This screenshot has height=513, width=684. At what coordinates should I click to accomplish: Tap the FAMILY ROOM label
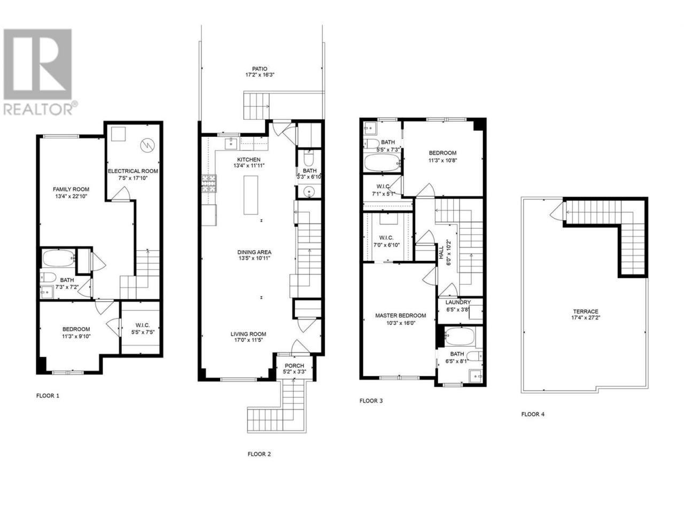point(71,189)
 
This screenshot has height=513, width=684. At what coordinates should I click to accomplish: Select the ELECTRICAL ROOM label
point(133,171)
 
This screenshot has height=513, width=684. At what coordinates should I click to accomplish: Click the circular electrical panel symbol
point(147,145)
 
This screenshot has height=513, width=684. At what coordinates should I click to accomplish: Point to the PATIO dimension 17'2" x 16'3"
point(260,75)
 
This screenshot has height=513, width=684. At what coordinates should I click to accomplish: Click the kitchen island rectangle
point(251,195)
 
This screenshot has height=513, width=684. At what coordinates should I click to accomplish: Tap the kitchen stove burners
point(209,184)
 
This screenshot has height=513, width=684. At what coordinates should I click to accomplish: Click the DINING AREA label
point(254,252)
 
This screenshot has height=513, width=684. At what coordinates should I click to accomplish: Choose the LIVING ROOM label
point(248,334)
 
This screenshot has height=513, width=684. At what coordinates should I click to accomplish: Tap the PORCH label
point(294,366)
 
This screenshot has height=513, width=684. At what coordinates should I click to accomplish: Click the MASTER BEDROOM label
point(400,315)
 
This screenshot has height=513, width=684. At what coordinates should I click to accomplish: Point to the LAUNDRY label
point(458,302)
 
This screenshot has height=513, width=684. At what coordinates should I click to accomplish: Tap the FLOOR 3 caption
point(371,401)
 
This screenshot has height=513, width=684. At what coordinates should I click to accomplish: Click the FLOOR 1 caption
point(48,395)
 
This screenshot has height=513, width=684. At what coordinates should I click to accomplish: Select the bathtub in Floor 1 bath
point(59,259)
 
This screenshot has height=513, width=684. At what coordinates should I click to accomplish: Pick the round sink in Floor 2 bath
point(309,190)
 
